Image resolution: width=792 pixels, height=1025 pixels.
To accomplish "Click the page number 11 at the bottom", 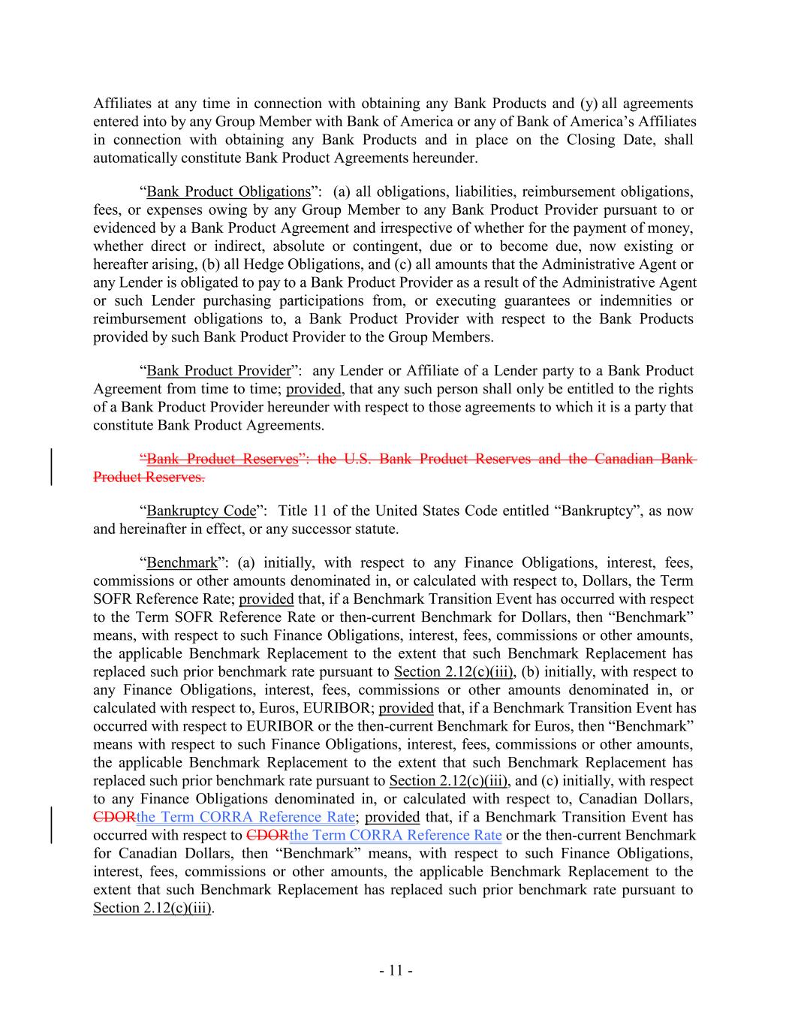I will [x=396, y=970].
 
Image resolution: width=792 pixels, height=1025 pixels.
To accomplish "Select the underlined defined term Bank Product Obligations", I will [x=228, y=191].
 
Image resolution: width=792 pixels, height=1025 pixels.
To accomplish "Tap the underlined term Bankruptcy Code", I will [x=201, y=511].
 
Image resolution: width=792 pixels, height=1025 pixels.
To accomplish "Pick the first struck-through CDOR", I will [x=115, y=817].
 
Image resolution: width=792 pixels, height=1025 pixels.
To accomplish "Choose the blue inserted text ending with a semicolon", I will [x=245, y=817].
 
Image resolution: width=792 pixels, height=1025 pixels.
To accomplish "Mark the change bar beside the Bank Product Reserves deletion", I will [x=51, y=467].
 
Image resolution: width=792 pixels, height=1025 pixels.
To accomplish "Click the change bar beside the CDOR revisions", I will [x=51, y=826].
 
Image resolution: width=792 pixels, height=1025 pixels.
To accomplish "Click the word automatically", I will [x=135, y=158].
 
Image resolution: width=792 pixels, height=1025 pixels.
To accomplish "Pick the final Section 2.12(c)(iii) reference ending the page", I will [x=152, y=908].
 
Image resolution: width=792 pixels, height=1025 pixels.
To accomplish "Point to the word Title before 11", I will [x=294, y=511].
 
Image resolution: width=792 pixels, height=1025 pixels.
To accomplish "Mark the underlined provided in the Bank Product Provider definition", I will [x=314, y=389].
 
